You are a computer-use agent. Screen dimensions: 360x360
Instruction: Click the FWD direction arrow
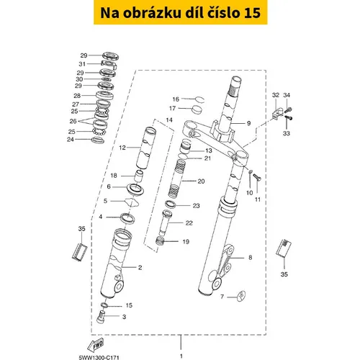tap(96, 345)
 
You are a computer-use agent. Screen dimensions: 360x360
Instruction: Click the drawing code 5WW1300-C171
tap(99, 357)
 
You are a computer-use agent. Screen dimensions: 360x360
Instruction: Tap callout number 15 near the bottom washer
tap(129, 305)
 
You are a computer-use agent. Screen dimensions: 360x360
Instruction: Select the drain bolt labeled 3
tap(101, 317)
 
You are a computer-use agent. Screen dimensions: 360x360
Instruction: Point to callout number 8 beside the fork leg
tap(251, 258)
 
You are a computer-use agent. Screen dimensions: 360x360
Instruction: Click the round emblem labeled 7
tap(241, 296)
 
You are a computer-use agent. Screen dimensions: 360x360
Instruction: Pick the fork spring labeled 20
tap(176, 178)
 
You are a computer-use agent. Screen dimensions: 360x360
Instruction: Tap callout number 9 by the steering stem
tap(249, 123)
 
